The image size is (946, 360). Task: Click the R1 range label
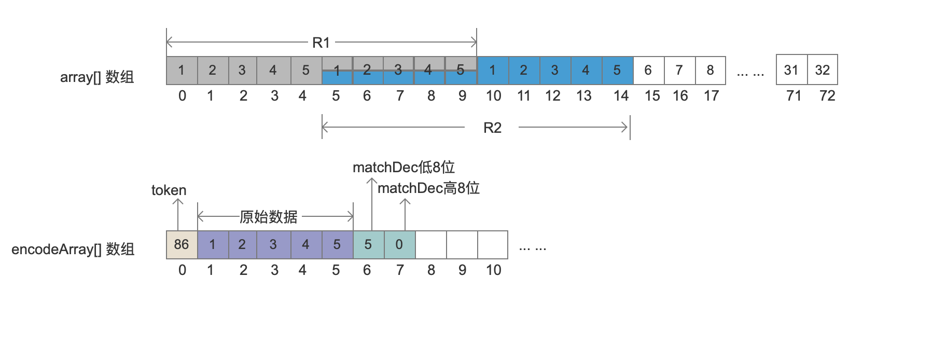pos(321,43)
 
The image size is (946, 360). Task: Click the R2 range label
pos(492,128)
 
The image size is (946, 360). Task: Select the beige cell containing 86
pos(182,244)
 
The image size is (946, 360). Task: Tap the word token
pos(169,190)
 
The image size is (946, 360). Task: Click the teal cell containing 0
pos(399,244)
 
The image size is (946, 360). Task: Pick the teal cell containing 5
pos(368,244)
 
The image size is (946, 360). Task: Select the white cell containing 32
pos(823,70)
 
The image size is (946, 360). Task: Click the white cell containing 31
pos(791,70)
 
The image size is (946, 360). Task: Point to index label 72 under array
pos(827,96)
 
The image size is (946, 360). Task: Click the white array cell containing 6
pos(648,70)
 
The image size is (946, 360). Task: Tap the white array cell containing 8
pos(710,70)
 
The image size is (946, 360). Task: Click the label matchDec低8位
pos(404,167)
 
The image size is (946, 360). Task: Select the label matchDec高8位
pos(428,188)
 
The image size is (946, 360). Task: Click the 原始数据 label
pos(269,216)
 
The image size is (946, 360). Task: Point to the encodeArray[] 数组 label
pos(73,250)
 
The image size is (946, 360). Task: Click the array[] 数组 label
pos(97,77)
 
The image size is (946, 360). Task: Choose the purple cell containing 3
pos(273,244)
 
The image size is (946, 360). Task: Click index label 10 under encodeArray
pos(493,270)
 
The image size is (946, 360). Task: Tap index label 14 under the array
pos(621,96)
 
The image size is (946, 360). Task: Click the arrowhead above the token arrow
pos(178,201)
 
